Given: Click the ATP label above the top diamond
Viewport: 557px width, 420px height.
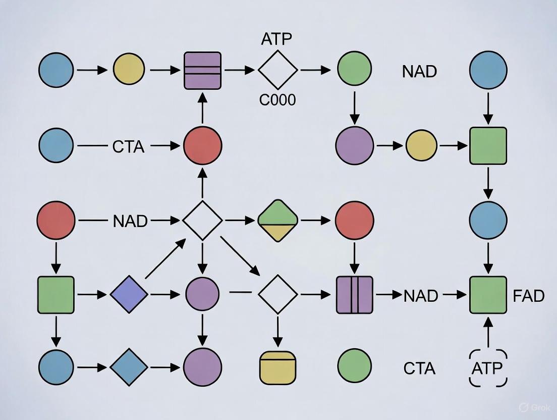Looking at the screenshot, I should [x=277, y=39].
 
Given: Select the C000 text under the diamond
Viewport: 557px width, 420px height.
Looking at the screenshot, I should [x=277, y=100].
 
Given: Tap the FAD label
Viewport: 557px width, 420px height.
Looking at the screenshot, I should [x=528, y=295].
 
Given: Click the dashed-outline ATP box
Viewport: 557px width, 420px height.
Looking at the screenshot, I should [x=488, y=368].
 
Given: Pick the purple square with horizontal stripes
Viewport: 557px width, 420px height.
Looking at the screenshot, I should [x=202, y=70].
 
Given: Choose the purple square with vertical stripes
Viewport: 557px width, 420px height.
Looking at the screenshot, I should [x=354, y=294].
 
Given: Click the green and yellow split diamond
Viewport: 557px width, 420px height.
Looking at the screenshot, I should [x=278, y=221].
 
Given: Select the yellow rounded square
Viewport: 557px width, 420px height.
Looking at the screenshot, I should [x=277, y=367].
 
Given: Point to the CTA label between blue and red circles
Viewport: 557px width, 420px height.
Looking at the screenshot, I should [x=128, y=147].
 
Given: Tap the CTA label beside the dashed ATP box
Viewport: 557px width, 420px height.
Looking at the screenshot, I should [x=419, y=369].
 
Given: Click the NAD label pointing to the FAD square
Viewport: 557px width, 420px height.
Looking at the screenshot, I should [x=420, y=295].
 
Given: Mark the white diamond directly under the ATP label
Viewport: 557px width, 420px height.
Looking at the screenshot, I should [x=278, y=70].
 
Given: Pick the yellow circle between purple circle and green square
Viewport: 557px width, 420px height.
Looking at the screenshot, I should [x=421, y=145].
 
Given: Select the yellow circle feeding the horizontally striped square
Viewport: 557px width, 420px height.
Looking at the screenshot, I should [x=129, y=70].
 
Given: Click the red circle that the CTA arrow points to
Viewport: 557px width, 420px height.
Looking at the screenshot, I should [x=202, y=145].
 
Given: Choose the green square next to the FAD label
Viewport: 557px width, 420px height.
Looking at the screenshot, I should [x=488, y=295].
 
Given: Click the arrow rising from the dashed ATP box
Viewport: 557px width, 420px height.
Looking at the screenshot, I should [x=488, y=333].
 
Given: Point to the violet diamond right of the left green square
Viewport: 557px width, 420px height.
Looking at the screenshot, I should [x=129, y=295].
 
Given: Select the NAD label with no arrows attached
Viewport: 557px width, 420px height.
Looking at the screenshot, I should [x=419, y=71].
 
